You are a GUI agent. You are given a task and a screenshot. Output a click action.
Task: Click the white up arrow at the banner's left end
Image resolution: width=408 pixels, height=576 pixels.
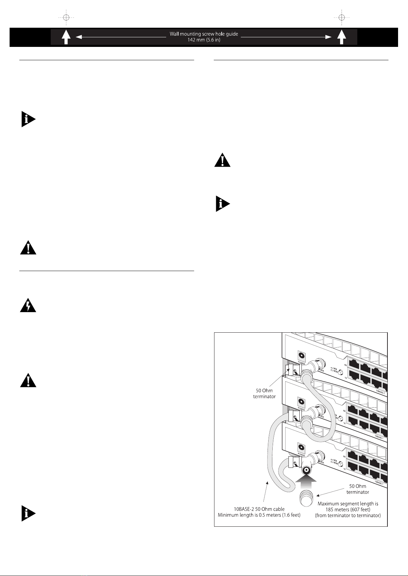coord(66,37)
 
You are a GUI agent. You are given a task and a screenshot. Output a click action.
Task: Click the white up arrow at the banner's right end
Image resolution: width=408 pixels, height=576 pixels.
coord(341,37)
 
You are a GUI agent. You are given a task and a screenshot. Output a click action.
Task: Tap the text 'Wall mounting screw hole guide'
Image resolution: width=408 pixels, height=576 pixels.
coord(204,34)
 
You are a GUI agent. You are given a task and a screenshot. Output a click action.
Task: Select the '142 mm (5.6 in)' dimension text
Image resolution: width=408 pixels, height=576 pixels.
coord(204,40)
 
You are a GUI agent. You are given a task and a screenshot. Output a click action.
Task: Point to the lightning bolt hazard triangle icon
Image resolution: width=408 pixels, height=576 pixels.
coord(28,306)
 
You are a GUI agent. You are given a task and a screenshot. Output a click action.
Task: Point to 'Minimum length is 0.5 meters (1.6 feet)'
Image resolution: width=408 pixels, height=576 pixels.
coord(259,515)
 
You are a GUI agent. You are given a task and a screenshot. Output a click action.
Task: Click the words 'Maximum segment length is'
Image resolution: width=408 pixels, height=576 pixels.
coord(348,504)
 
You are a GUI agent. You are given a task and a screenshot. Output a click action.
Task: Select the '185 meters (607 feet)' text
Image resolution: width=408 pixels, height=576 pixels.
coord(348,510)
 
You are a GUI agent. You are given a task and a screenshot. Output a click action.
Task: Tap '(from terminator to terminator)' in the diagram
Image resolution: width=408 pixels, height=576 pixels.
coord(348,515)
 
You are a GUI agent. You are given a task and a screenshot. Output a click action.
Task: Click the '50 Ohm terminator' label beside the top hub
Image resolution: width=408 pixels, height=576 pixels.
coord(264,393)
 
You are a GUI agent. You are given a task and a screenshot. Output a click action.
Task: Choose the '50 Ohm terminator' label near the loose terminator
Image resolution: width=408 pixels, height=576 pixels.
coord(358,489)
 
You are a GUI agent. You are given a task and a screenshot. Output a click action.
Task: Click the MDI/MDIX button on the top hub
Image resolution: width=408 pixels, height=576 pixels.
coord(340,372)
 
